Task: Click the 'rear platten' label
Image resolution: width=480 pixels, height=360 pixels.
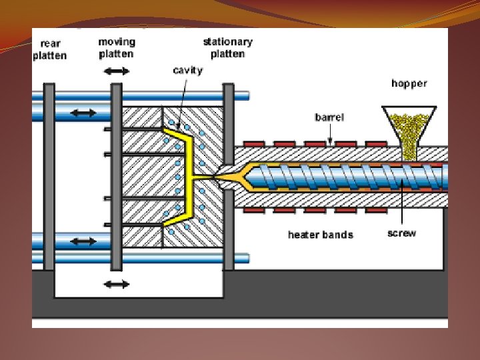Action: click(x=50, y=50)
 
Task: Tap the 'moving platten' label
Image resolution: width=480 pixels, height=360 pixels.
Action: click(x=116, y=47)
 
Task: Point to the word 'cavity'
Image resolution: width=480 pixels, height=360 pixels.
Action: click(x=187, y=70)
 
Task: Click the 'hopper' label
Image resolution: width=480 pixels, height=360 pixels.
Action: click(x=409, y=83)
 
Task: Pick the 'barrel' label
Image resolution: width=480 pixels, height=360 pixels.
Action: click(x=329, y=117)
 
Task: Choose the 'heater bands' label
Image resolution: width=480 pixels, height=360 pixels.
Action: click(x=320, y=235)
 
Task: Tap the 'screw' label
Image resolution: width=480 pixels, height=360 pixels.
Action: click(x=401, y=233)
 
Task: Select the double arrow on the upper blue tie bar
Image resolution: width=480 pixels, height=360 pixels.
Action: click(x=83, y=113)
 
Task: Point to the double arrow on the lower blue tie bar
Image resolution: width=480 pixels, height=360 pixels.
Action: click(x=83, y=240)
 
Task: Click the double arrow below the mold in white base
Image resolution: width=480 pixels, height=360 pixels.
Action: click(x=116, y=285)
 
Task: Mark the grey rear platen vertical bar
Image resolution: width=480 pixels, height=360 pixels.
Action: click(x=49, y=177)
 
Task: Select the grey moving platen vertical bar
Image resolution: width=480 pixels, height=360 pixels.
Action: click(x=116, y=177)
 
